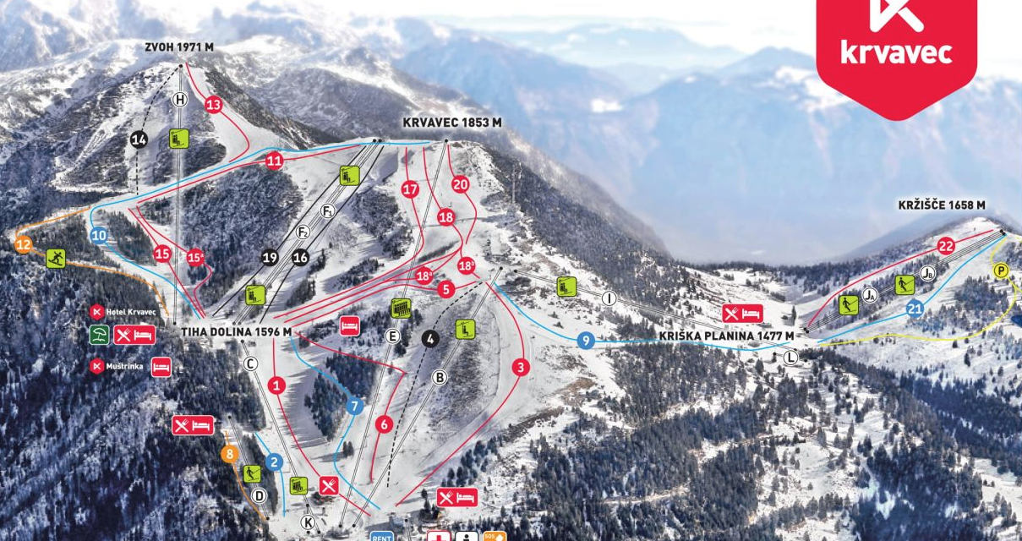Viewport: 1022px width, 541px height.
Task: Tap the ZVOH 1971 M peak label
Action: pos(178,48)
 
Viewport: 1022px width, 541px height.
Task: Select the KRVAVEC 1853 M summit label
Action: pos(451,123)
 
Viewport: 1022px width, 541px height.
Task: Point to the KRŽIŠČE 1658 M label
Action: pos(941,205)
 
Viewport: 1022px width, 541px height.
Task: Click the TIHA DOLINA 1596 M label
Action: pos(236,332)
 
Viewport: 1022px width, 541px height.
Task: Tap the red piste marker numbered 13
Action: pos(213,105)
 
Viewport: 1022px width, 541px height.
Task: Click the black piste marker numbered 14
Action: pos(139,139)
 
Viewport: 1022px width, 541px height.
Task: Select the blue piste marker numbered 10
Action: pos(100,236)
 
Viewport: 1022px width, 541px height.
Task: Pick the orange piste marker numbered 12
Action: pos(24,245)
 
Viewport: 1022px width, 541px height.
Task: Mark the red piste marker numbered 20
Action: pos(460,183)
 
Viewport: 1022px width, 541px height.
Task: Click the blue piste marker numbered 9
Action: pos(585,341)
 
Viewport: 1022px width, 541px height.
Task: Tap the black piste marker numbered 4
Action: pos(430,339)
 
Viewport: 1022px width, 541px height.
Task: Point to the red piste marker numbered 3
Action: pos(521,367)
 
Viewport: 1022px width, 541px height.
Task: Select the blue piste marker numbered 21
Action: pos(915,309)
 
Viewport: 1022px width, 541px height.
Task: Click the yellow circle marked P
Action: pos(1002,270)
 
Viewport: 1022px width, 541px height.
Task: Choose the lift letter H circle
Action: pos(179,100)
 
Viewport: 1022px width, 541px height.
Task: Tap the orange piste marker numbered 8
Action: pos(230,454)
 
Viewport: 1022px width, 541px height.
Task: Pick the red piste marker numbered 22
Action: pos(946,246)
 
